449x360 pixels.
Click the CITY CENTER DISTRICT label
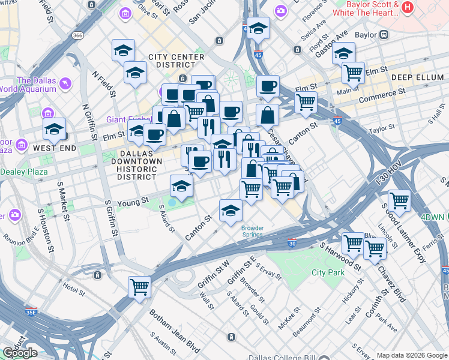coord(180,62)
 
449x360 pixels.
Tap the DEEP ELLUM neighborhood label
coord(416,77)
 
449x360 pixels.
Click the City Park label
coord(328,272)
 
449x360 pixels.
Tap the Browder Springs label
coord(252,231)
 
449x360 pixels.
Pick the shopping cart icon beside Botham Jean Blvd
coord(140,287)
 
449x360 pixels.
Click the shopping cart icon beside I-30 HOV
coord(399,200)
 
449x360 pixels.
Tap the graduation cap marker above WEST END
coord(54,128)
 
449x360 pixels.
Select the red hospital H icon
coord(408,7)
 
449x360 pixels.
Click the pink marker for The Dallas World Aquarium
coord(65,82)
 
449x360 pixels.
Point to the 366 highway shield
coord(77,35)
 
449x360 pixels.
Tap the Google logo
coord(20,352)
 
